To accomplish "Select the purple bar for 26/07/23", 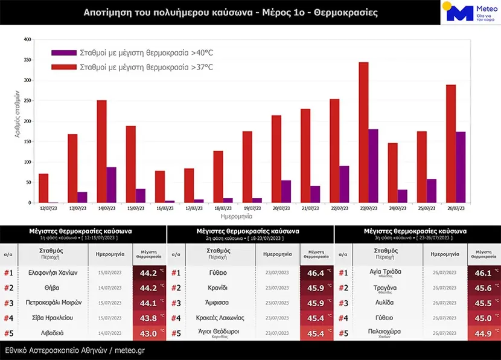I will pos(461,167).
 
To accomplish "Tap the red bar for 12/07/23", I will pos(43,188).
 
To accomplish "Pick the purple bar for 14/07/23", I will pos(111,185).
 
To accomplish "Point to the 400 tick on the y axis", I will pos(27,40).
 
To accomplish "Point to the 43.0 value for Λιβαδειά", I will pos(148,333).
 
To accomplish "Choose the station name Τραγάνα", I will pos(385,288).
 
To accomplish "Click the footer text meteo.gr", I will pos(129,350).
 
